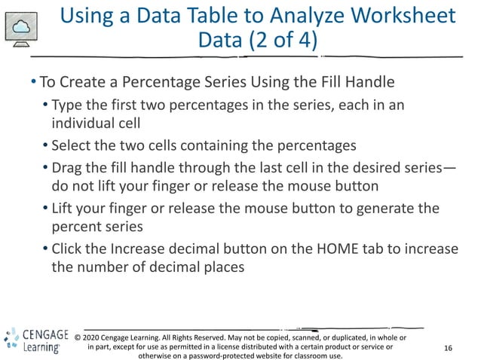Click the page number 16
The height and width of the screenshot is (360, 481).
pyautogui.click(x=449, y=348)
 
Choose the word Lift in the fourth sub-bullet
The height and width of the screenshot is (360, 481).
pyautogui.click(x=63, y=208)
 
